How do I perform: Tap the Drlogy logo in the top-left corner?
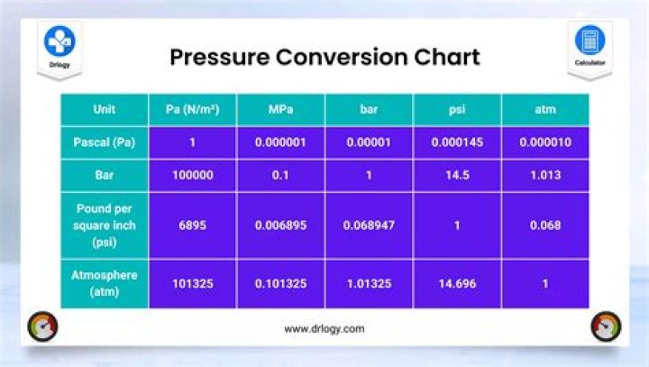60,44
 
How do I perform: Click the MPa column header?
280,110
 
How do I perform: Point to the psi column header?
457,110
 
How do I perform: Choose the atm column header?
545,110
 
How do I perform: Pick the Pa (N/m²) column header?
192,110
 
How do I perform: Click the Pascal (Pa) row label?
104,142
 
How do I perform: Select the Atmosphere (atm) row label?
104,283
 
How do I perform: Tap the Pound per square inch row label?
104,225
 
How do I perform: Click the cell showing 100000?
192,175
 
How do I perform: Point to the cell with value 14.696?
457,283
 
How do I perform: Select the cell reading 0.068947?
369,225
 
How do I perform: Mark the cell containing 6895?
192,225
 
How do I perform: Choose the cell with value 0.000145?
457,142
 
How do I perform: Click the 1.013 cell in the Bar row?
545,175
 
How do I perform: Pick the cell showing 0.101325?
280,283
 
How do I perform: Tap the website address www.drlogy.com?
324,329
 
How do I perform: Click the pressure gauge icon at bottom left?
42,326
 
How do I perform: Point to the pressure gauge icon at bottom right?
605,326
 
